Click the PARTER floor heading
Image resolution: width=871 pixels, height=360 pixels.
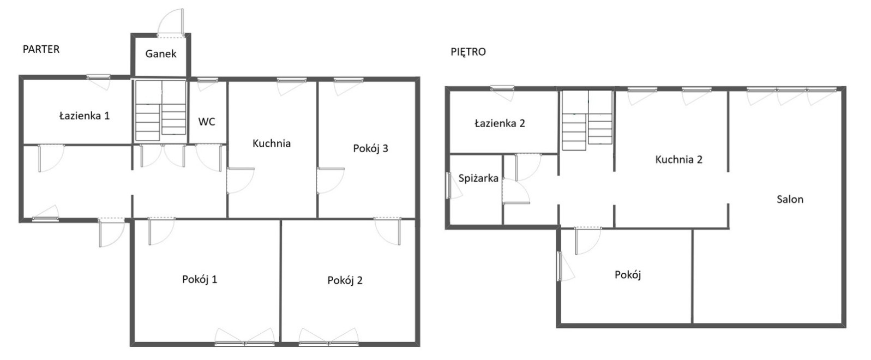41,50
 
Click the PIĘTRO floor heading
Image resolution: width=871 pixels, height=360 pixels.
468,52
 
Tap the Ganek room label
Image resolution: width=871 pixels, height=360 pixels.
160,53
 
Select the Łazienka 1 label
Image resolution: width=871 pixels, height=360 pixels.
85,116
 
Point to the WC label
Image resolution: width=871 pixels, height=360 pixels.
207,122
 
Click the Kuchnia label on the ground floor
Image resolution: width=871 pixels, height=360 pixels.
272,143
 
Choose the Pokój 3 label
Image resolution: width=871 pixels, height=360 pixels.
370,148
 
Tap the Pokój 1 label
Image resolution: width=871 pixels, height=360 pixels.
200,279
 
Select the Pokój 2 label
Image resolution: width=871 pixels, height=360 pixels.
345,280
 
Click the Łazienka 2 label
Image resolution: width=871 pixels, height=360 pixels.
500,123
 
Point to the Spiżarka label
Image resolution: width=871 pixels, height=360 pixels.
478,178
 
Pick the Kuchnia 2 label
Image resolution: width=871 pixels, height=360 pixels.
678,159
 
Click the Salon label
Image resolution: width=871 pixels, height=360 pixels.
790,200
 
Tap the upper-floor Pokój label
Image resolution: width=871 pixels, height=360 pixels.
628,275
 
